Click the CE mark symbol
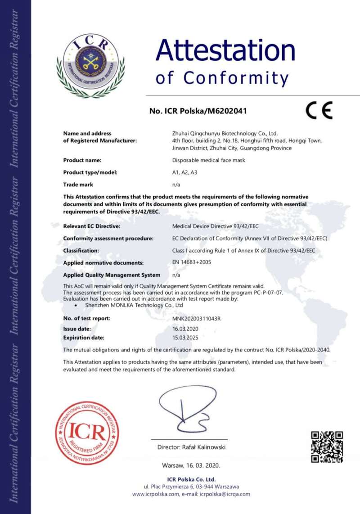pyautogui.click(x=319, y=110)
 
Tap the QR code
pyautogui.click(x=327, y=446)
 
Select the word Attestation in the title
pyautogui.click(x=225, y=50)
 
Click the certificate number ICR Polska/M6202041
pyautogui.click(x=198, y=110)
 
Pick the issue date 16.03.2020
pyautogui.click(x=185, y=329)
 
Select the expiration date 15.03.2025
pyautogui.click(x=185, y=337)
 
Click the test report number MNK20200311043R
pyautogui.click(x=197, y=319)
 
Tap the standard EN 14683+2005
pyautogui.click(x=192, y=262)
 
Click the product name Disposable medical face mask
pyautogui.click(x=209, y=160)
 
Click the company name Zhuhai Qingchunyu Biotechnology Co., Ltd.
pyautogui.click(x=225, y=134)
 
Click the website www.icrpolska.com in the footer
pyautogui.click(x=156, y=494)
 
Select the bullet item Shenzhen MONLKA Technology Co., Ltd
pyautogui.click(x=134, y=305)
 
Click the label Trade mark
pyautogui.click(x=77, y=185)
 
